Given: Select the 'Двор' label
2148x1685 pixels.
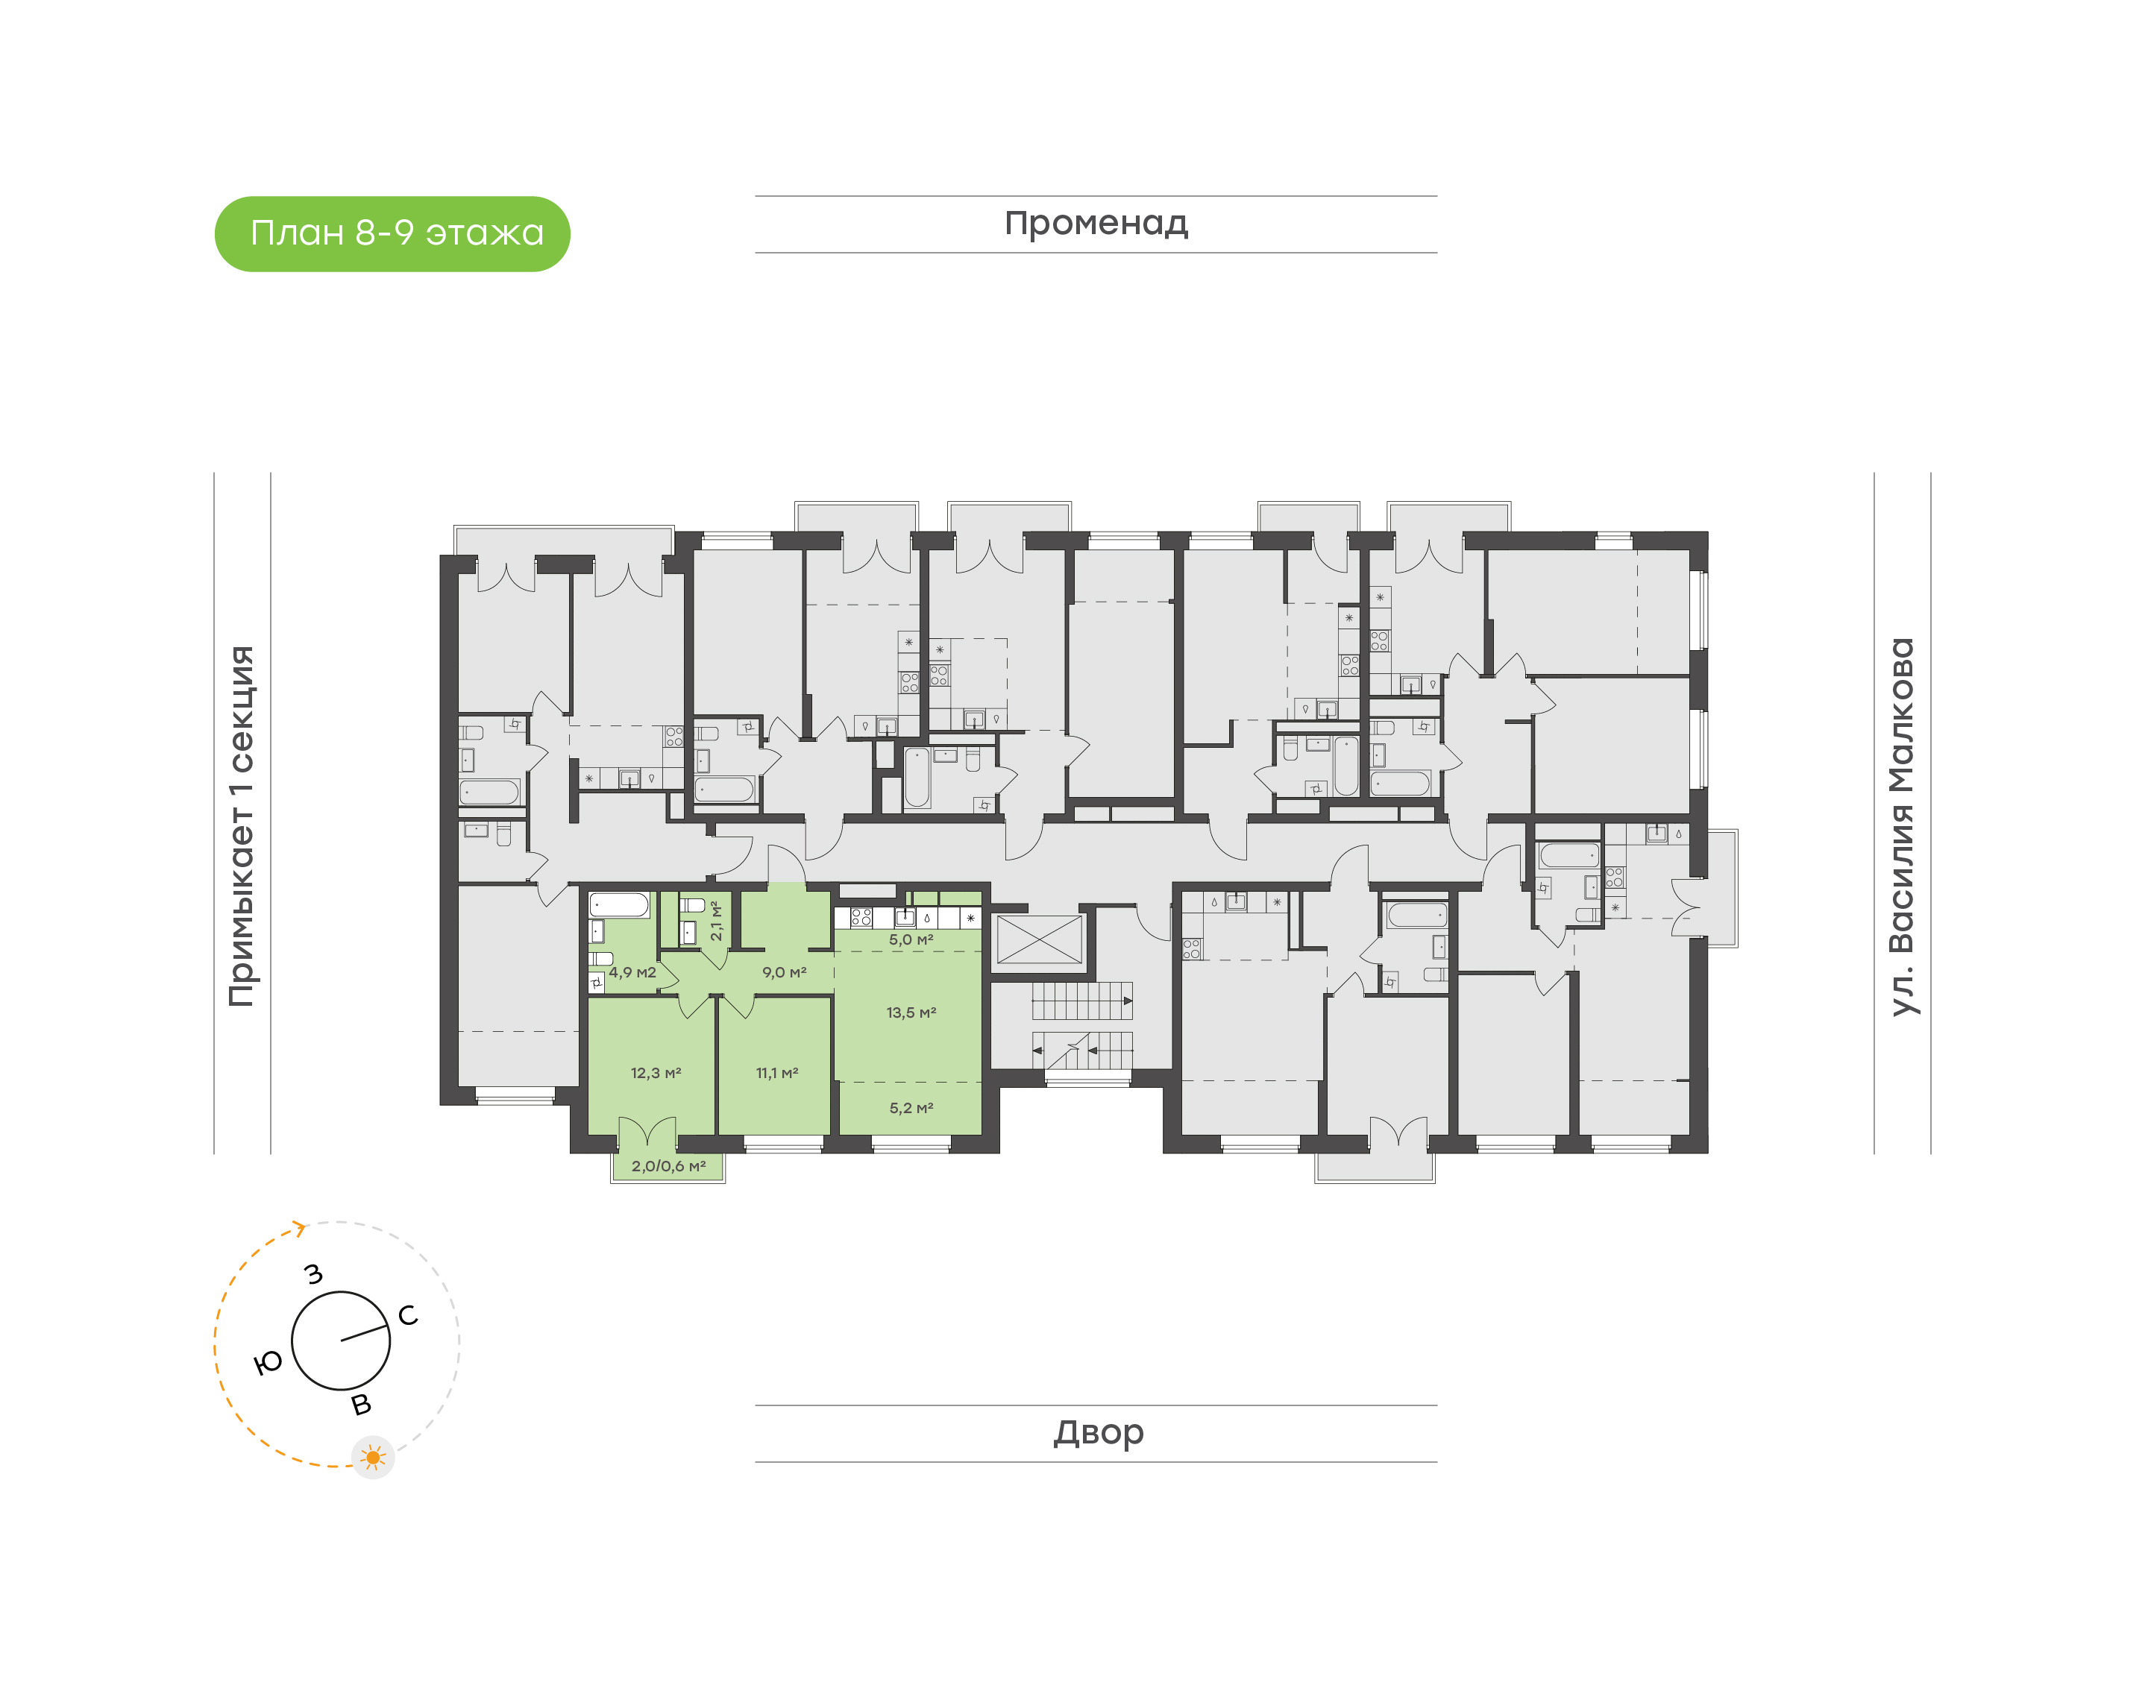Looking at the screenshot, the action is click(1098, 1432).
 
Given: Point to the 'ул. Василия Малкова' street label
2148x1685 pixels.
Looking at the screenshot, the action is click(1901, 827).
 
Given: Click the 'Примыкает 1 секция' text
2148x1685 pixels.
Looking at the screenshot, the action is click(242, 827).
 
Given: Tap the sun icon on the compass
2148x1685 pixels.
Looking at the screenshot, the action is click(373, 1457).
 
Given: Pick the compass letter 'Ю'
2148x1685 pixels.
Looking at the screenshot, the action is click(268, 1364).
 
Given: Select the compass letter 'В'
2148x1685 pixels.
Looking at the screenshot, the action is click(361, 1404).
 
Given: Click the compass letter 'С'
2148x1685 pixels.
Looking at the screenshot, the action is click(407, 1315).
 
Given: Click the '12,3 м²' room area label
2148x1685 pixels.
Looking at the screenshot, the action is click(656, 1072).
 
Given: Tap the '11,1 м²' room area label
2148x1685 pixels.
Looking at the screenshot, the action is click(777, 1072).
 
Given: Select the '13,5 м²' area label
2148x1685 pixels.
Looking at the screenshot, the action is click(911, 1012).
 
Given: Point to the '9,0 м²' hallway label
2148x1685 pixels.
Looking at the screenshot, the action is click(785, 971).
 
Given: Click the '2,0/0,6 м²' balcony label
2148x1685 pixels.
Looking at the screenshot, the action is click(668, 1166).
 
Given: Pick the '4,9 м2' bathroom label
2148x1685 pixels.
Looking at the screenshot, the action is click(632, 971).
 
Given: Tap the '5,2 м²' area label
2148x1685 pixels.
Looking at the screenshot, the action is click(911, 1108).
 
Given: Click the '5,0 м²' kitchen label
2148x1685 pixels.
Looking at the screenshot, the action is click(911, 939).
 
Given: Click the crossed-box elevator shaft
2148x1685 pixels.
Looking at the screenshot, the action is click(1040, 939).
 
